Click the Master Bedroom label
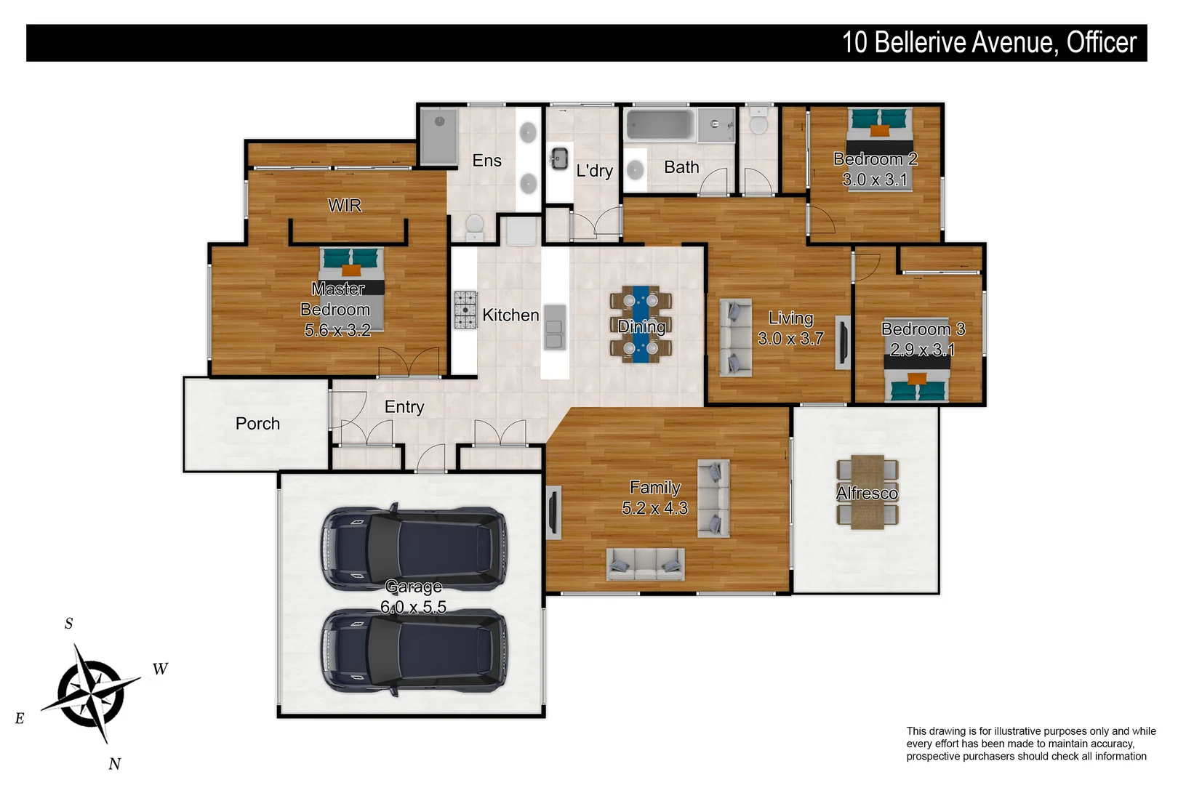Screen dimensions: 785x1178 pos(337,310)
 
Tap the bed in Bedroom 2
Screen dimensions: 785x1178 pos(879,149)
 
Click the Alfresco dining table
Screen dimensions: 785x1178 pos(868,493)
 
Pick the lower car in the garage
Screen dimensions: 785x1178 pos(414,651)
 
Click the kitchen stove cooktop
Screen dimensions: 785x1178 pos(465,310)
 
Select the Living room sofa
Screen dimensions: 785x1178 pos(734,337)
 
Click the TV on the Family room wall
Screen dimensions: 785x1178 pos(553,512)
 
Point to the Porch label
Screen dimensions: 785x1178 pos(257,424)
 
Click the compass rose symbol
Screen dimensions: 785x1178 pos(91,693)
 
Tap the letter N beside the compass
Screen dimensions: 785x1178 pos(114,763)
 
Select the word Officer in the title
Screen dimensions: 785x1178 pos(1101,43)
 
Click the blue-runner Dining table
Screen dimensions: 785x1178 pos(641,324)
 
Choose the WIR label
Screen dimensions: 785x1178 pos(345,206)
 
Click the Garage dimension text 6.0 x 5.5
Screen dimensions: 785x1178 pos(413,607)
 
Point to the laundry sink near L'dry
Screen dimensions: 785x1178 pos(558,158)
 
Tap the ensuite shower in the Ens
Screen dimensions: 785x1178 pos(438,136)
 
